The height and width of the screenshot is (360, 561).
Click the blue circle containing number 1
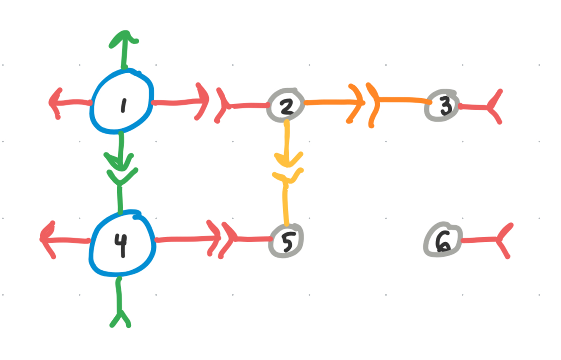click(122, 101)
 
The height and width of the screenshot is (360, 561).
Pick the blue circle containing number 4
click(122, 243)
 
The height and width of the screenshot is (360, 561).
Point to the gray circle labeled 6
click(442, 240)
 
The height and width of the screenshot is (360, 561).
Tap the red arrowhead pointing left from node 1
click(55, 102)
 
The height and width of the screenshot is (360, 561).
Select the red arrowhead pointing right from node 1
click(202, 102)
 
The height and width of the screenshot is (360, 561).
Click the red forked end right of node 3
click(494, 107)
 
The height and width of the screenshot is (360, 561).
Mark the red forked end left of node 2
click(222, 105)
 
